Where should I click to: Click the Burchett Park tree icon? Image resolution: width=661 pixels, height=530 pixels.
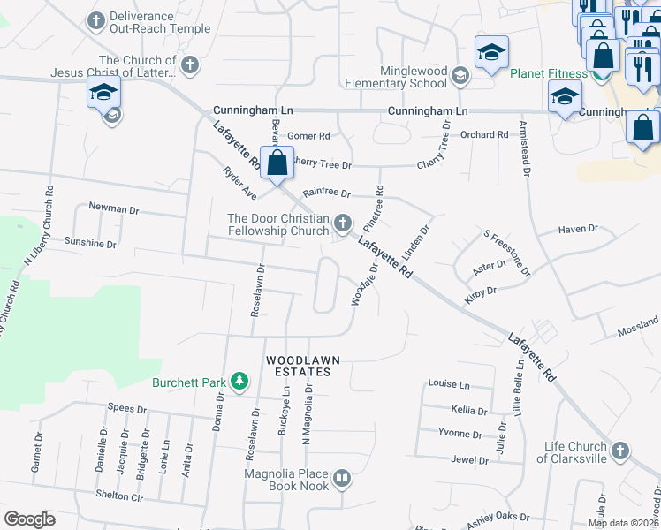pos(238,382)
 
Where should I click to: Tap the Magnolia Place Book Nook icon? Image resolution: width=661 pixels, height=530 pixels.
pos(342,480)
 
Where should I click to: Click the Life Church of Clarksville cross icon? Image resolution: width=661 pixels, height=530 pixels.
pos(620,451)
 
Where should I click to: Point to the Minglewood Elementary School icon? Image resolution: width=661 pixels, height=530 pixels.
pos(460,76)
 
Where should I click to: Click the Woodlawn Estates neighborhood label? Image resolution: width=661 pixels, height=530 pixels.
pos(299,366)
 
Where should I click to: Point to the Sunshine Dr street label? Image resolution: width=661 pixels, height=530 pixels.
pos(89,242)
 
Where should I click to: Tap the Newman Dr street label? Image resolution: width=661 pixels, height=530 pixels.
pos(114,209)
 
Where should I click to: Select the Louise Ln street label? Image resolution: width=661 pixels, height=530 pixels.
pos(449,384)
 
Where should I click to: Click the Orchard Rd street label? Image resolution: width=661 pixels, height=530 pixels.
pos(485,135)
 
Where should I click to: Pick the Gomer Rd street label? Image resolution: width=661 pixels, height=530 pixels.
pos(308,136)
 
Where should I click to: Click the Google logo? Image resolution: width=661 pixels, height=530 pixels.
pos(30,519)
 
